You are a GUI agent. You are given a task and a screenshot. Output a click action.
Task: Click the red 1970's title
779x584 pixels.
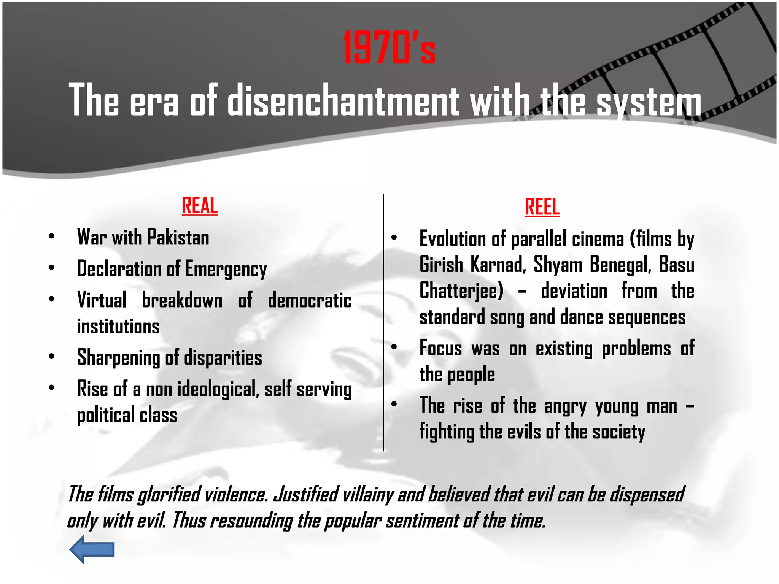389,48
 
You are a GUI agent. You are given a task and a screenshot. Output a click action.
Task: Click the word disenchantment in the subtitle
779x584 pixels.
343,100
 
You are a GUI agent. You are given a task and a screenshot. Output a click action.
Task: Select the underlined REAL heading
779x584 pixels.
200,206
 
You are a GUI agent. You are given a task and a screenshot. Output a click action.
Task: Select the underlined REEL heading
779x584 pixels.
542,207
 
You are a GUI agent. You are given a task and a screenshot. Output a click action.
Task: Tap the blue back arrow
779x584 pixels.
92,549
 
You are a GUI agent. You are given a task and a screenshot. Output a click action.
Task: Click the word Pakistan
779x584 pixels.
178,237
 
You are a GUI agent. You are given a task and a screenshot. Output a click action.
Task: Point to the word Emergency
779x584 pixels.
226,269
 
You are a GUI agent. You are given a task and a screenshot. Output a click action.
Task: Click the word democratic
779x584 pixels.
310,300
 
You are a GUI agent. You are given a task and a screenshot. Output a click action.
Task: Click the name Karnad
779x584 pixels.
498,265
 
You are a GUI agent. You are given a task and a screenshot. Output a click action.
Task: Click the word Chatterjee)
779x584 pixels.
461,291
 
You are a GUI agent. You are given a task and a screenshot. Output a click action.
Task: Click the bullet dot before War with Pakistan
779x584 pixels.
52,236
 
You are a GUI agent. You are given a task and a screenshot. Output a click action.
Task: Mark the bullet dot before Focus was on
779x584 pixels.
394,347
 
